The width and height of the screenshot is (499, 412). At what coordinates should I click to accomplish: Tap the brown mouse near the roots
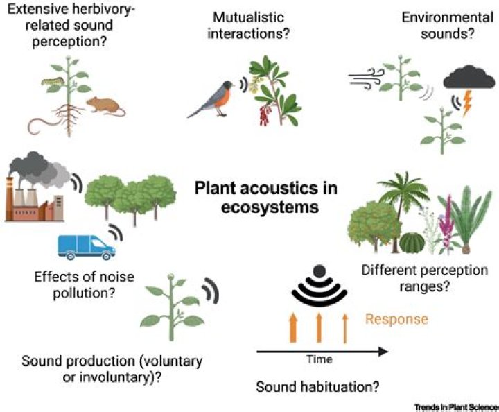tap(105, 105)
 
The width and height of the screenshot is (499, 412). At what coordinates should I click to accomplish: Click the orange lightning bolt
tap(469, 104)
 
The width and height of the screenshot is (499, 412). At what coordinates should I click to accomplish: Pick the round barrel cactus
tap(412, 243)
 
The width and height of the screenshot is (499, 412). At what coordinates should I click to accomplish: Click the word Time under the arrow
tap(319, 359)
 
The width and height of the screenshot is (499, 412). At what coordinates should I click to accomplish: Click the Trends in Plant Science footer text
tap(456, 405)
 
